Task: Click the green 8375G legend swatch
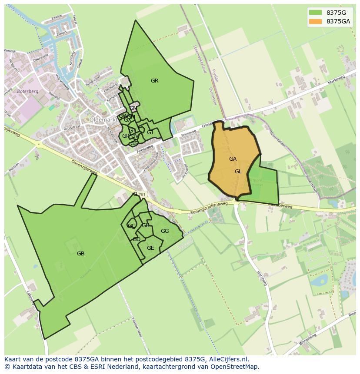[x=316, y=13]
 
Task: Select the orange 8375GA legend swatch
[x=316, y=21]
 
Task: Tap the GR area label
[x=154, y=81]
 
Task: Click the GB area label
[x=80, y=254]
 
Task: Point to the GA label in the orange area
[x=233, y=159]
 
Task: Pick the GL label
[x=238, y=172]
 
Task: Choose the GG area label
[x=165, y=231]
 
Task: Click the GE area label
[x=150, y=248]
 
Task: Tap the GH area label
[x=145, y=225]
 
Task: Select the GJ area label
[x=150, y=132]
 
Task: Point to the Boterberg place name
[x=27, y=92]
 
